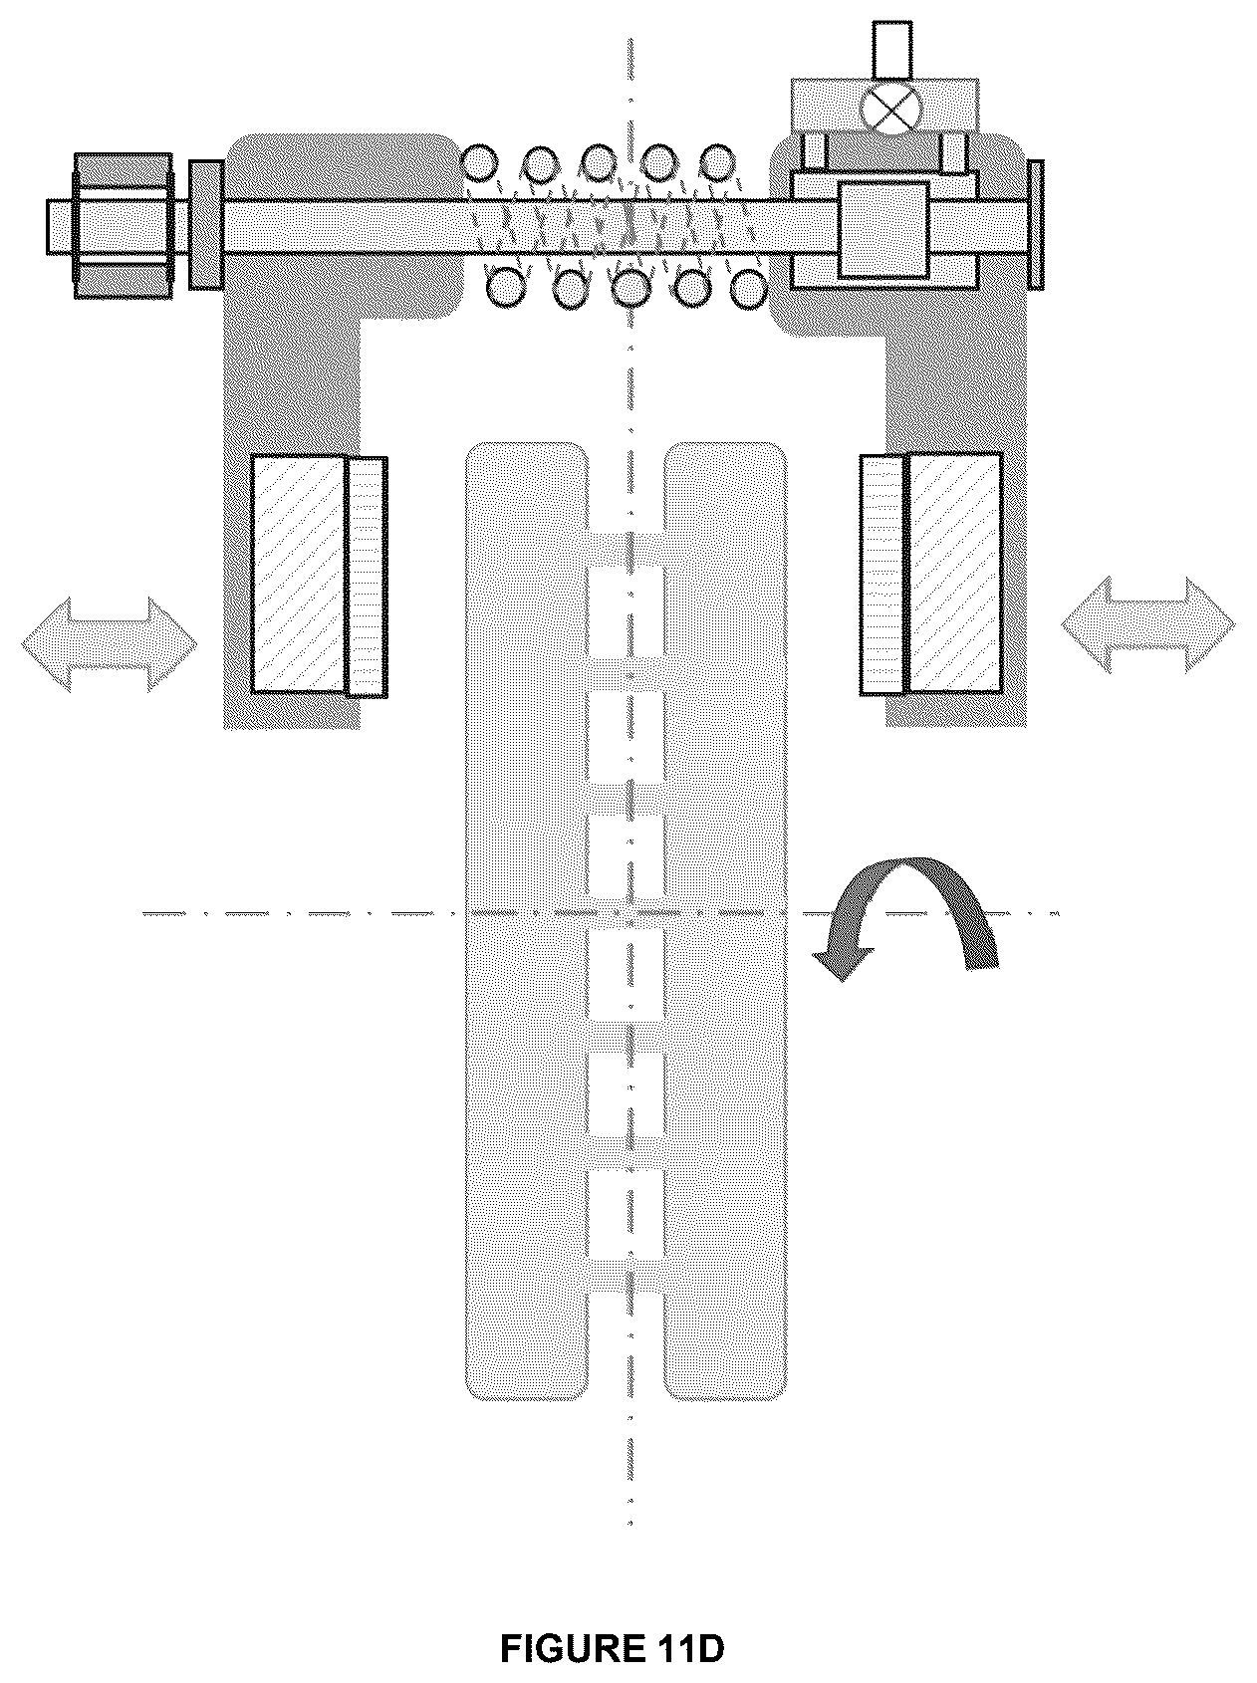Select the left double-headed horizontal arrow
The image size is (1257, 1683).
(x=109, y=643)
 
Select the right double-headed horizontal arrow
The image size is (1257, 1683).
(x=1147, y=625)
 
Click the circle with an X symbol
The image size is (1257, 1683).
(x=892, y=107)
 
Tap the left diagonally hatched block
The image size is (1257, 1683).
(x=299, y=573)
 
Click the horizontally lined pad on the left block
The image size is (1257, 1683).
(x=366, y=576)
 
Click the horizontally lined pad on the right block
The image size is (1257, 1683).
(x=884, y=574)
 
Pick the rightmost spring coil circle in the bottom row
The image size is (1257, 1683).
(x=749, y=288)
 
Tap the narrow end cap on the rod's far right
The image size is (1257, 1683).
(x=1034, y=225)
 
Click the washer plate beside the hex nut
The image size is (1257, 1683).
(x=205, y=225)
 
